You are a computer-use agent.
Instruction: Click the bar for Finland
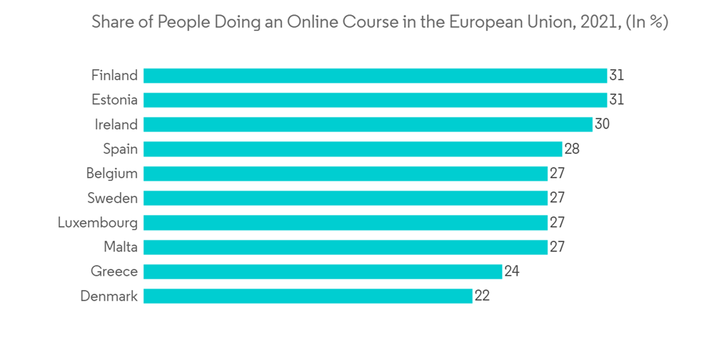375,76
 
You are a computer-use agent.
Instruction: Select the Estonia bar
375,100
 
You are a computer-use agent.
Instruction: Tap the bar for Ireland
368,124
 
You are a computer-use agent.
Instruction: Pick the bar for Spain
353,149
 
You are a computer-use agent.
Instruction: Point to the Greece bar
323,271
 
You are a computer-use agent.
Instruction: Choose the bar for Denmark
308,296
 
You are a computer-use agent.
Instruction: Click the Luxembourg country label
98,222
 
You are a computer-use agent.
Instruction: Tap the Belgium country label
112,174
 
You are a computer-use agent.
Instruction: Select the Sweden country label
113,198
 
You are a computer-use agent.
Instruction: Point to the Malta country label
120,246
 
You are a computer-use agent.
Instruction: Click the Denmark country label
109,296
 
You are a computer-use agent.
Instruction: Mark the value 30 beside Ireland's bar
602,124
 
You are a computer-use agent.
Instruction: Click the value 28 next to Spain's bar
571,149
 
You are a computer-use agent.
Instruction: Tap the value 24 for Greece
511,271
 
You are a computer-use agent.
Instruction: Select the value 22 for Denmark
482,296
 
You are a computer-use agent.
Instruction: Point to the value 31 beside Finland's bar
616,76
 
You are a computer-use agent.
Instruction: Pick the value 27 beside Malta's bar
557,246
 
